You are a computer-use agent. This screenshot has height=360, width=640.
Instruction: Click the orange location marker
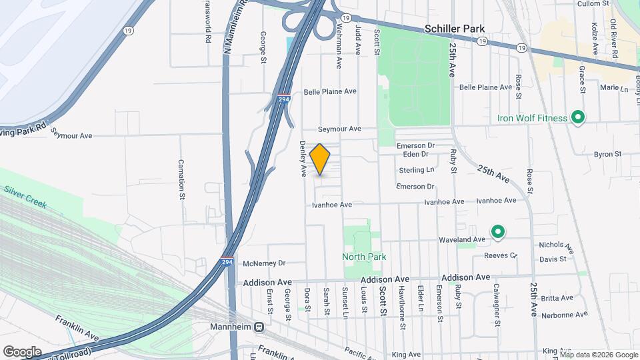(x=320, y=159)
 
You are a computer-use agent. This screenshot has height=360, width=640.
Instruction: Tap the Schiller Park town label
(x=455, y=29)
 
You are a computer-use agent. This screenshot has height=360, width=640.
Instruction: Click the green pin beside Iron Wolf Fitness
(x=579, y=119)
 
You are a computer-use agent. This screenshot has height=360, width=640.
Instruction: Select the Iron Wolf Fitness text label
(x=532, y=119)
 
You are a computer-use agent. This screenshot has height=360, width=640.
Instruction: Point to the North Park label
(x=364, y=257)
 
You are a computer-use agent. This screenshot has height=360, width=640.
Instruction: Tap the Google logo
(x=22, y=352)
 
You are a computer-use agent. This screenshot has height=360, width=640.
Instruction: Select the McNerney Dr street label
(x=264, y=263)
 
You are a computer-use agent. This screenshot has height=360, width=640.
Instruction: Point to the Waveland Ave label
(x=461, y=239)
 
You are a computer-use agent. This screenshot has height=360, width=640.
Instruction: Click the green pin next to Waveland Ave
(x=497, y=232)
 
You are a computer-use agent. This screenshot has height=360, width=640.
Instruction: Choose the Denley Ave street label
(x=303, y=159)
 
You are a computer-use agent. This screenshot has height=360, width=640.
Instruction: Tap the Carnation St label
(x=181, y=179)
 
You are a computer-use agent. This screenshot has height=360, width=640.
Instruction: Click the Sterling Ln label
(x=417, y=171)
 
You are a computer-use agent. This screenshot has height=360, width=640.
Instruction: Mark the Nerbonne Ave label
(x=565, y=314)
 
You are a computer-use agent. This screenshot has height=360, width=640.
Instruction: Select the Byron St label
(x=607, y=154)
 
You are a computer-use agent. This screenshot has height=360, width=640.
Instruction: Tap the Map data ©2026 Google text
(x=598, y=354)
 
